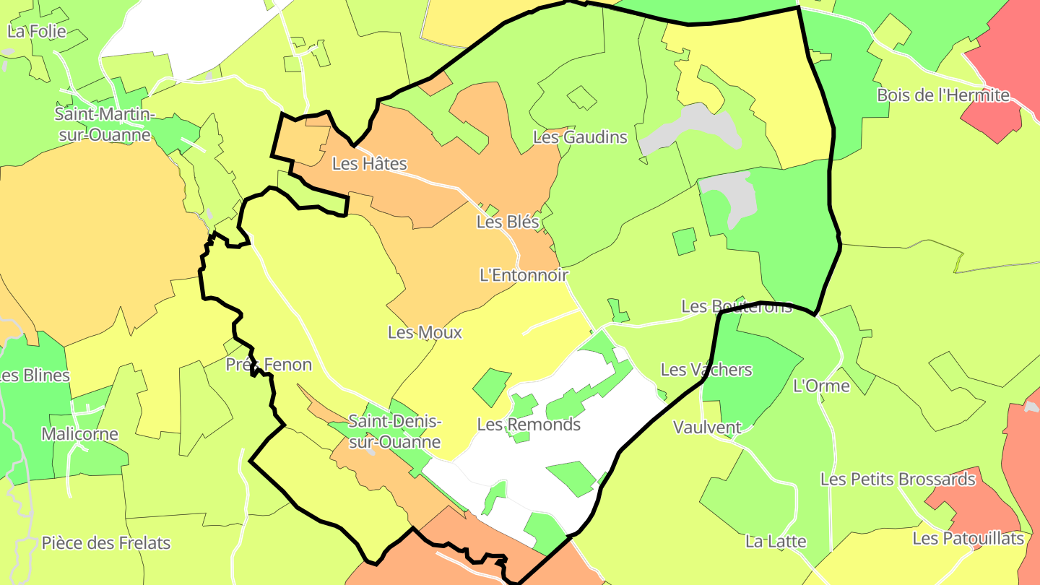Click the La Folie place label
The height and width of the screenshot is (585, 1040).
click(x=37, y=32)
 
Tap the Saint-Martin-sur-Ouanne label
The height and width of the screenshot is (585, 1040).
click(x=105, y=124)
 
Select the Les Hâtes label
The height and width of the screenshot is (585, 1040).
click(x=370, y=164)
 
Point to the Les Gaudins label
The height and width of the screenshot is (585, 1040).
click(x=580, y=137)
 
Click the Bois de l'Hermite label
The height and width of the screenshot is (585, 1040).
click(x=942, y=95)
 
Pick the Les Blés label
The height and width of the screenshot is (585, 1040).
click(x=508, y=222)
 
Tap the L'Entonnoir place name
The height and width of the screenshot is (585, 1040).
click(x=524, y=275)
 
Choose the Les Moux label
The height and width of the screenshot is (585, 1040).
click(x=425, y=332)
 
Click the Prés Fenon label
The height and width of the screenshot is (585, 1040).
click(x=269, y=365)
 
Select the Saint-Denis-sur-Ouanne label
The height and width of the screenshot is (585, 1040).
click(x=394, y=431)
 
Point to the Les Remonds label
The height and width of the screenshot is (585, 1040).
click(x=529, y=425)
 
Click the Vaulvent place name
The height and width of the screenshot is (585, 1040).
click(x=707, y=428)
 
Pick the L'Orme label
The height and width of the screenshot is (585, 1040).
click(x=822, y=386)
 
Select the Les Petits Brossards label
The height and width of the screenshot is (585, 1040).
click(x=898, y=479)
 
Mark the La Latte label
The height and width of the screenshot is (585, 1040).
click(x=776, y=541)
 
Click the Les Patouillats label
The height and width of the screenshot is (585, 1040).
click(x=968, y=538)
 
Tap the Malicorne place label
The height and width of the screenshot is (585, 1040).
click(x=79, y=434)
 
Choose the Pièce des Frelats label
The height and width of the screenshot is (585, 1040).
click(x=106, y=542)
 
